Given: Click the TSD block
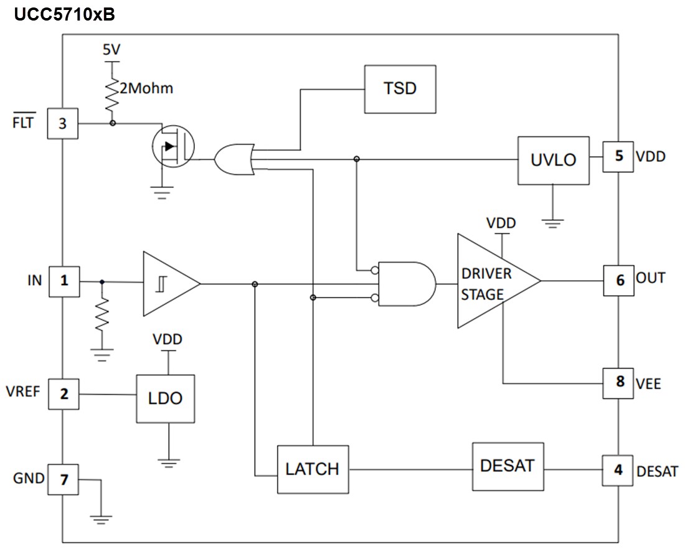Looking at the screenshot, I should pyautogui.click(x=400, y=89).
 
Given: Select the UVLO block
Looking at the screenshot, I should pyautogui.click(x=553, y=160).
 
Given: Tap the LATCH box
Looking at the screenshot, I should pyautogui.click(x=313, y=469).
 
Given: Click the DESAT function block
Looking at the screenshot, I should pyautogui.click(x=508, y=466).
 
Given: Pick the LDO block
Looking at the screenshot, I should pyautogui.click(x=166, y=398).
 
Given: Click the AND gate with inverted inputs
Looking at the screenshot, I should pyautogui.click(x=405, y=283).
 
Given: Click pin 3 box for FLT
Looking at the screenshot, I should pyautogui.click(x=62, y=123).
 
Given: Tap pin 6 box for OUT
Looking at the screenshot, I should pyautogui.click(x=619, y=279).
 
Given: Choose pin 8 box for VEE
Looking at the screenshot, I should pyautogui.click(x=619, y=382).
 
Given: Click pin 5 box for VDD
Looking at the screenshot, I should pyautogui.click(x=618, y=156).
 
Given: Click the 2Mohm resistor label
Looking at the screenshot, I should pyautogui.click(x=146, y=88).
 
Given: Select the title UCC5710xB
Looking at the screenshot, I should pyautogui.click(x=64, y=14).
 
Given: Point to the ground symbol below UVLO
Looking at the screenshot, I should pyautogui.click(x=552, y=220).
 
